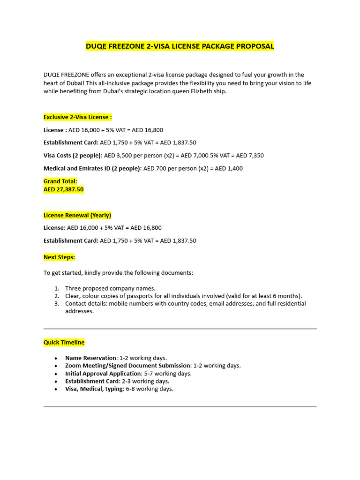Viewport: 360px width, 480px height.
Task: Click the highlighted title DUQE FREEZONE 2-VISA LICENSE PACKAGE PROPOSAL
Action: point(180,46)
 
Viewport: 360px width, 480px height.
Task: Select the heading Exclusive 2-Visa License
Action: point(77,117)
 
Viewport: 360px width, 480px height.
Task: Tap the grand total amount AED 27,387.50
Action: point(63,189)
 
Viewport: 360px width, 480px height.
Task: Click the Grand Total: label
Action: point(60,181)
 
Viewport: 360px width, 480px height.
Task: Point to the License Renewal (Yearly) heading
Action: point(77,215)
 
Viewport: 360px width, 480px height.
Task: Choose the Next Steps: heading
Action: point(59,257)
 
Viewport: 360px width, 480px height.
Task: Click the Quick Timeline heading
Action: point(64,342)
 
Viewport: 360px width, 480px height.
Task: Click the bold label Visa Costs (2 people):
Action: point(73,155)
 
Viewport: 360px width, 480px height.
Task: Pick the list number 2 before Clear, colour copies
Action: point(56,296)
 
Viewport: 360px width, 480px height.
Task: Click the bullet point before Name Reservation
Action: point(56,358)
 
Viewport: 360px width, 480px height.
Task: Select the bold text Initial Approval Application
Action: point(103,374)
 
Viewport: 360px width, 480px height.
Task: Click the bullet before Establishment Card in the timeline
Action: point(56,381)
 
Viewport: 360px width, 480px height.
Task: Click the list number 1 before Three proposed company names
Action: point(56,288)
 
